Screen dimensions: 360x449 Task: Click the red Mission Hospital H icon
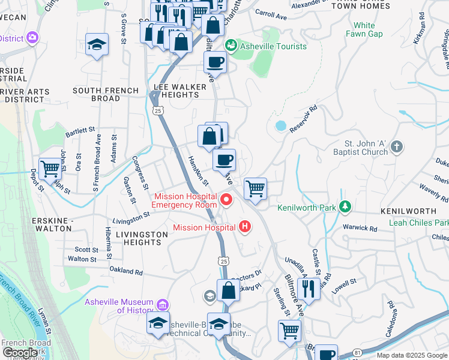pyautogui.click(x=244, y=227)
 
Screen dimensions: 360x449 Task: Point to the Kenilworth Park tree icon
pyautogui.click(x=345, y=208)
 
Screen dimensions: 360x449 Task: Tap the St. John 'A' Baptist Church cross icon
pyautogui.click(x=396, y=147)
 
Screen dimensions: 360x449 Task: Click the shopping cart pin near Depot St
pyautogui.click(x=50, y=169)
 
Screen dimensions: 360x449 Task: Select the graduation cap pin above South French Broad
pyautogui.click(x=97, y=45)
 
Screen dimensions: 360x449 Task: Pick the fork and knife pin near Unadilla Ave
pyautogui.click(x=309, y=288)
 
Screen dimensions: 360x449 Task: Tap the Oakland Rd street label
pyautogui.click(x=126, y=271)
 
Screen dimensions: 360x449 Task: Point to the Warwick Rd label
pyautogui.click(x=360, y=228)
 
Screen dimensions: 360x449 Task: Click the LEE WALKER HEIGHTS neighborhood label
pyautogui.click(x=180, y=91)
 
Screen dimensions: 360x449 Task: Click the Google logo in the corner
pyautogui.click(x=19, y=353)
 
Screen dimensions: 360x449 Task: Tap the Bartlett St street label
pyautogui.click(x=80, y=129)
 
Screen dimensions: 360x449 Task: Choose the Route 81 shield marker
pyautogui.click(x=357, y=351)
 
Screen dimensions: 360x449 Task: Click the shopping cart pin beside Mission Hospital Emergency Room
pyautogui.click(x=255, y=188)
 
